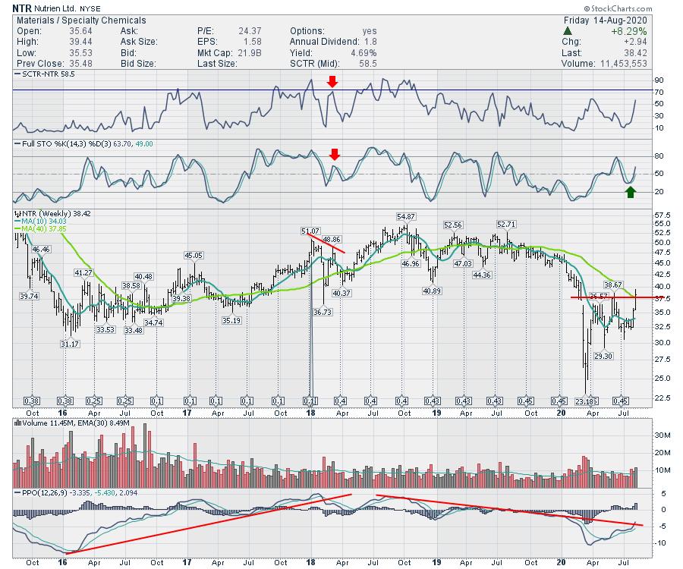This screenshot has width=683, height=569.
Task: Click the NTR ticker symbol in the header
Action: coord(22,8)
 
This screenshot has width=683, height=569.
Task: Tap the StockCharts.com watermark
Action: coord(635,8)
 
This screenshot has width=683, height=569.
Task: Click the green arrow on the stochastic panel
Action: coord(631,192)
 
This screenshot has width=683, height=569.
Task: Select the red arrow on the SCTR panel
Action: coord(332,82)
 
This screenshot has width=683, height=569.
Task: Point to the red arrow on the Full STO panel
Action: coord(335,155)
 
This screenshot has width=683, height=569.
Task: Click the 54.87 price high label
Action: coord(406,216)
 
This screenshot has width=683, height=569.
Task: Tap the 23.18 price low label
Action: coord(585,400)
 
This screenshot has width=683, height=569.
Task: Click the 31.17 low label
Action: coord(69,344)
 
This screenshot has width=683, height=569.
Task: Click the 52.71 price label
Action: coord(507,224)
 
